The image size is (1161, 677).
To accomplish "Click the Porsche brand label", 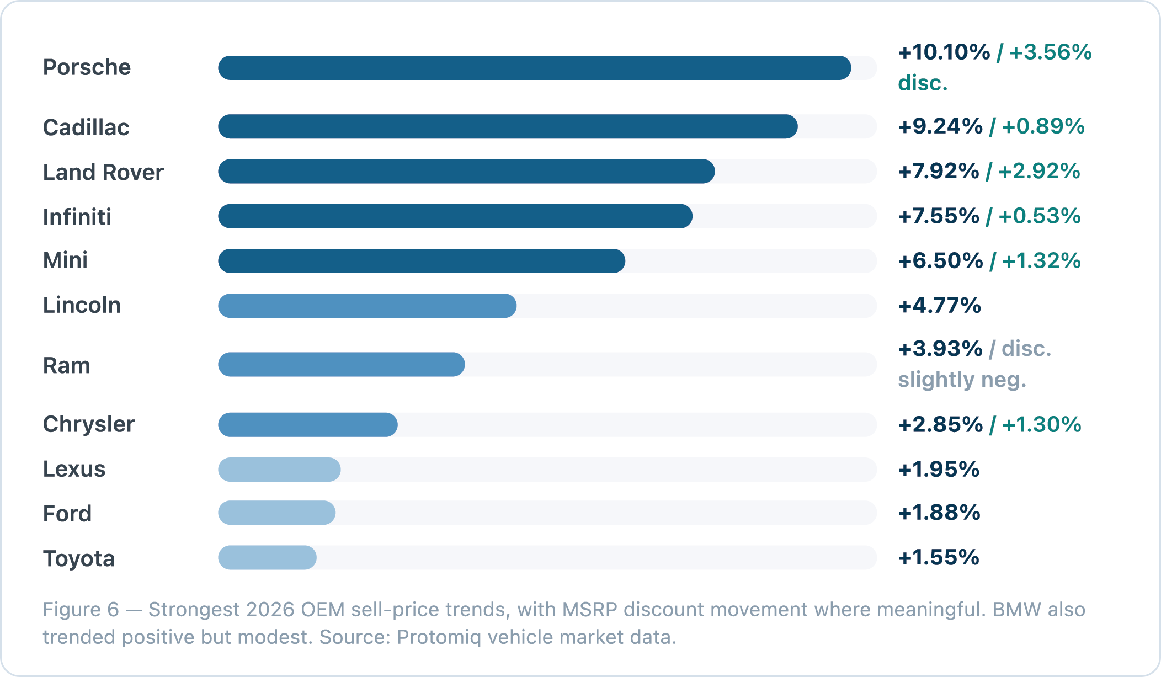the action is click(87, 67).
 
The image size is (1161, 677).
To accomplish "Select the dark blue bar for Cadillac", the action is click(508, 126).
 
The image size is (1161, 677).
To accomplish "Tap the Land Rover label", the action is click(103, 172).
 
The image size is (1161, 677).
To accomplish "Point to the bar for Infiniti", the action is click(455, 216).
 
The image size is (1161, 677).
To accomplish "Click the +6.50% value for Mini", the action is click(940, 260).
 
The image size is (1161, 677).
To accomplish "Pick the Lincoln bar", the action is click(368, 305).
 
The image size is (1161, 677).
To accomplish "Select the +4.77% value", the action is click(939, 305).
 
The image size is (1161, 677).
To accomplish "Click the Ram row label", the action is click(67, 365).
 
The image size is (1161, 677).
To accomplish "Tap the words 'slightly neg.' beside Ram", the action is click(962, 380).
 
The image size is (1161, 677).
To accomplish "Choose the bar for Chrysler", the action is click(308, 424).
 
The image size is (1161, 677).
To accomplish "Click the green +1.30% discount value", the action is click(1041, 424).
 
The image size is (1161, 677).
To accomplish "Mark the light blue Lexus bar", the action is click(279, 469).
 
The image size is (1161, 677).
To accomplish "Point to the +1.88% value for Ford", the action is click(939, 513).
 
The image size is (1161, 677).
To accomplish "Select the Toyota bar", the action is click(267, 557).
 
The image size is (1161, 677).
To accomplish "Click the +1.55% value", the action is click(939, 557).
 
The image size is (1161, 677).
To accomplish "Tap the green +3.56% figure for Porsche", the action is click(1050, 52).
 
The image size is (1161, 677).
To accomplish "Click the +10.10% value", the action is click(944, 52).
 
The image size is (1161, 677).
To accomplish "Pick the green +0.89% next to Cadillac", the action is click(1043, 126).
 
